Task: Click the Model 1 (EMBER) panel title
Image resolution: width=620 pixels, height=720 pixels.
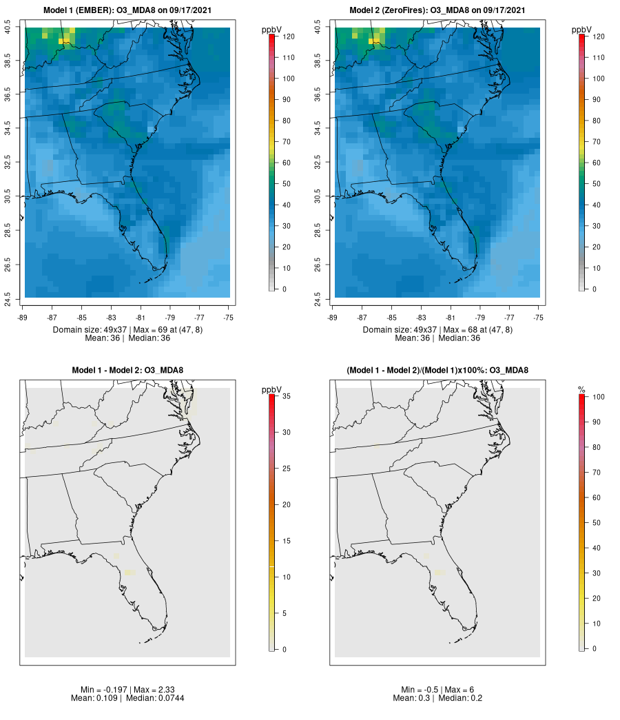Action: click(127, 10)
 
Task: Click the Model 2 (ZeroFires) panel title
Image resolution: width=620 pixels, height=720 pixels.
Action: click(437, 10)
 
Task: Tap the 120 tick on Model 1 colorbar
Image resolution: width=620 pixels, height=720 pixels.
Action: click(287, 37)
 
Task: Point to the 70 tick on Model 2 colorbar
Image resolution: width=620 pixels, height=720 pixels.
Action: click(597, 141)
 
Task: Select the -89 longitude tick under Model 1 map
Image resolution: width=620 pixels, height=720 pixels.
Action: click(25, 318)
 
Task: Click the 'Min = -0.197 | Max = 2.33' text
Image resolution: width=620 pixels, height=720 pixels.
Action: click(127, 690)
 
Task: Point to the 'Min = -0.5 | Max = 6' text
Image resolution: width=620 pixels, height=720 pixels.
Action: click(437, 690)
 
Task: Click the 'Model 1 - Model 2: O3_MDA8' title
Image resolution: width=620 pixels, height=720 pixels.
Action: click(127, 371)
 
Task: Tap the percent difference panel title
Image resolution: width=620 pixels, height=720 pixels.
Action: click(437, 371)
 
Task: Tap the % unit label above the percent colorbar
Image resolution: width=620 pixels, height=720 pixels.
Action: click(581, 390)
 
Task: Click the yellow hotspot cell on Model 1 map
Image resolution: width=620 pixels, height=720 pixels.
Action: click(63, 41)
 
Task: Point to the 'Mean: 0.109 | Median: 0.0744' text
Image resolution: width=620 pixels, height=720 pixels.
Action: click(127, 699)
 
